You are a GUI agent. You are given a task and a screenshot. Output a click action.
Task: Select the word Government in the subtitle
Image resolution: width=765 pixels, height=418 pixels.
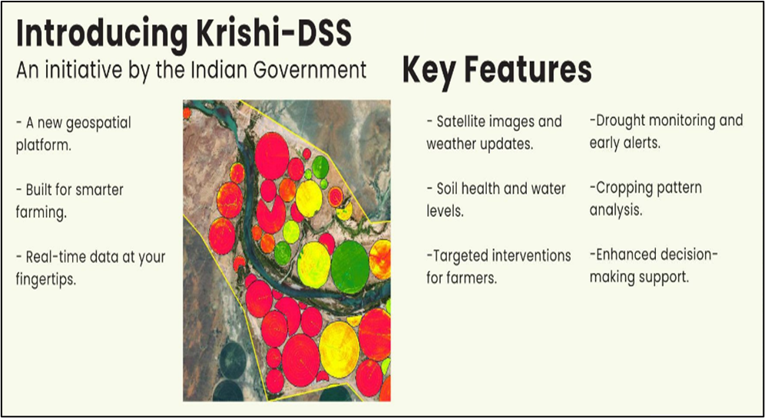click(309, 70)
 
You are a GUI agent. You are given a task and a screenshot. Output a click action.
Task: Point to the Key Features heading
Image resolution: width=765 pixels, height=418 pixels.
click(497, 71)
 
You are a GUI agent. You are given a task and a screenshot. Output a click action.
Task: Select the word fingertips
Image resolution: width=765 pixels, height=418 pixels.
click(46, 280)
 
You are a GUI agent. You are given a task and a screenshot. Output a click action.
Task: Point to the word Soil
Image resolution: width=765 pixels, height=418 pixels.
click(447, 188)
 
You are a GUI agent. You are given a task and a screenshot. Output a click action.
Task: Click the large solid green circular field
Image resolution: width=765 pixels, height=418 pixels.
click(349, 267)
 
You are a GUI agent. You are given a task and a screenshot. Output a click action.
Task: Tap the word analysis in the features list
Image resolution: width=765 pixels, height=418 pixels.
click(616, 211)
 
